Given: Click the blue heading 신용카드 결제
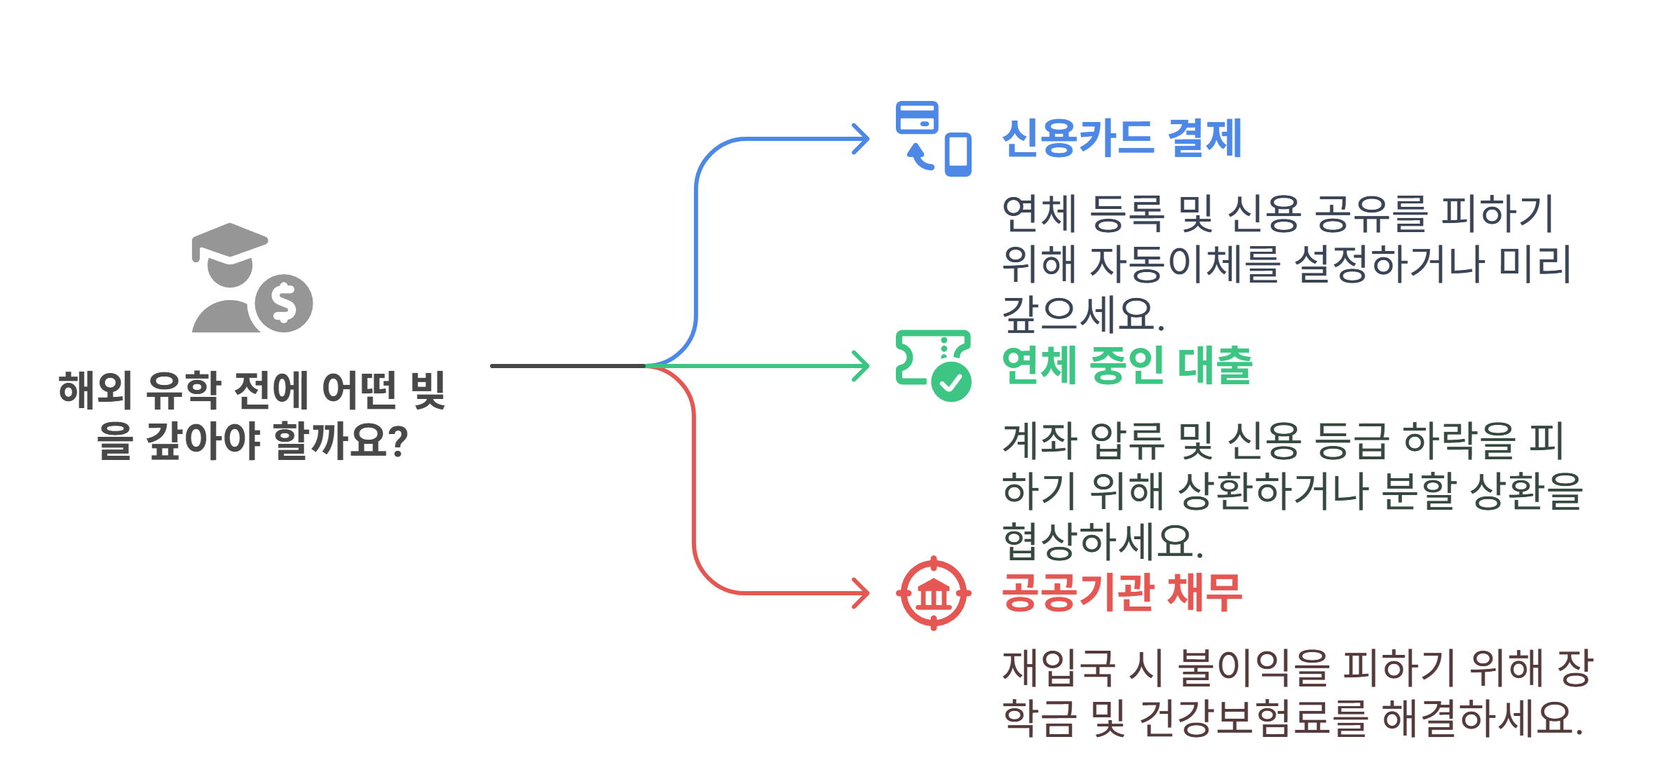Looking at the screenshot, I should tap(1122, 138).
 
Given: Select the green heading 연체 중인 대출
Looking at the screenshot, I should tap(1127, 365).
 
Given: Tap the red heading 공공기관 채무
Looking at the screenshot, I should tap(1122, 593).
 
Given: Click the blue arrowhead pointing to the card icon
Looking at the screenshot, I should tap(862, 139).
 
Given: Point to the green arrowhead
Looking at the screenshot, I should tap(862, 366).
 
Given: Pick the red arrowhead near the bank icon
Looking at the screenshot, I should tap(862, 593).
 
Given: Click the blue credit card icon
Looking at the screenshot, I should tap(917, 118).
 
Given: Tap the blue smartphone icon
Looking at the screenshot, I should tap(958, 154).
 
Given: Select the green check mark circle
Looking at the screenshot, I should tap(951, 382).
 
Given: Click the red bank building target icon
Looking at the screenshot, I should tap(934, 593).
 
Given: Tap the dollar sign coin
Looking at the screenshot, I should tap(284, 303).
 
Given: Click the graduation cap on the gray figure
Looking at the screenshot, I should tap(229, 243).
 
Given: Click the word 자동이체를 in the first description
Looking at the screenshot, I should tap(1185, 264).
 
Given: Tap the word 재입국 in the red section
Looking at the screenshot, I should tap(1059, 667).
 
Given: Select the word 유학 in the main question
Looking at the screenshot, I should tap(184, 390).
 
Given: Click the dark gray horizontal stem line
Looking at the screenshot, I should tap(568, 366).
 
